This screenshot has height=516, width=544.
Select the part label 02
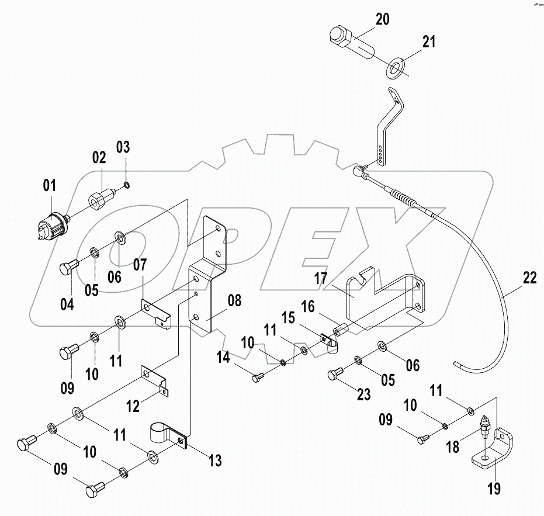(98, 158)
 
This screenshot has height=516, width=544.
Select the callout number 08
(234, 302)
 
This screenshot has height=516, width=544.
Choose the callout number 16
(309, 306)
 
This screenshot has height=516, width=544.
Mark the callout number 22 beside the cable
(529, 279)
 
